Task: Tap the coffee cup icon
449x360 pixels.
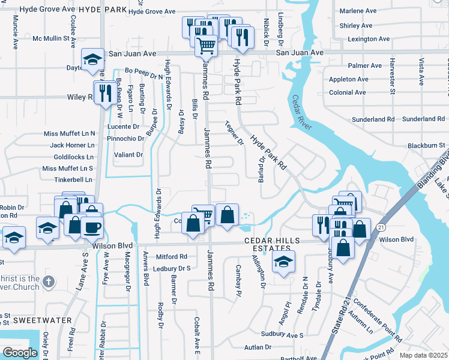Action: pos(92,227)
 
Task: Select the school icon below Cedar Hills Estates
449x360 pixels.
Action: pos(283,261)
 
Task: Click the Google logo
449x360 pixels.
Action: pos(20,353)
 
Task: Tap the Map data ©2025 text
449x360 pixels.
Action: pos(423,355)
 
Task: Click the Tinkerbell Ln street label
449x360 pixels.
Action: pos(73,179)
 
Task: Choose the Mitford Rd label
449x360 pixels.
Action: pos(172,256)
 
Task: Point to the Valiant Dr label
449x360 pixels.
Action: pos(129,155)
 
